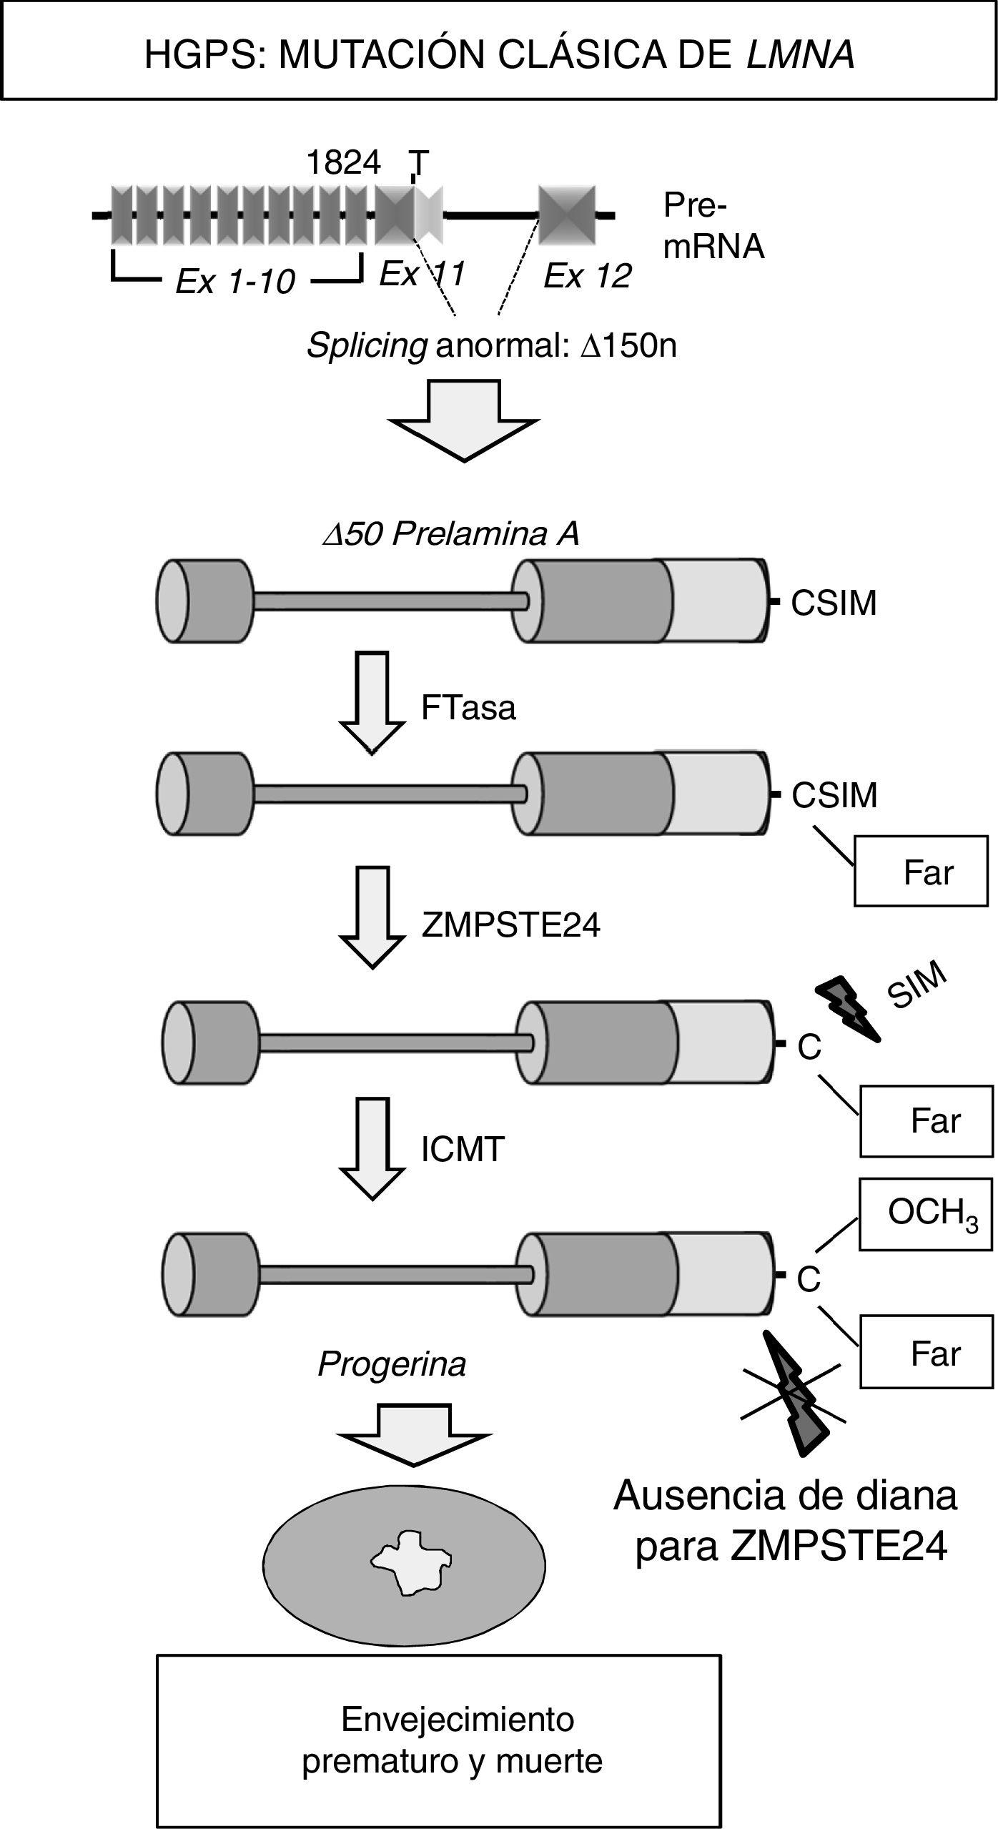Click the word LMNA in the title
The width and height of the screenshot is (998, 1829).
[800, 55]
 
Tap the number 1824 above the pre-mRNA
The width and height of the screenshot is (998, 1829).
[343, 164]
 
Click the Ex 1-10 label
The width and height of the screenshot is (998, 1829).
[235, 282]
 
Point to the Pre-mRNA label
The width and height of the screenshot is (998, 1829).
[713, 226]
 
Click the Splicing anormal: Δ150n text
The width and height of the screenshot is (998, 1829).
[491, 347]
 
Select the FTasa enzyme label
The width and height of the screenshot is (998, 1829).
[468, 709]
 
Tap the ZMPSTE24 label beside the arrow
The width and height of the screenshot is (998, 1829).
[511, 925]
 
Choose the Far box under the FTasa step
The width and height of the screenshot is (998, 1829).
[921, 871]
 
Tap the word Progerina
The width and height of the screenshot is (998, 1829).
[392, 1364]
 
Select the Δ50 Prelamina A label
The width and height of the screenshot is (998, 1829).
[450, 533]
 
